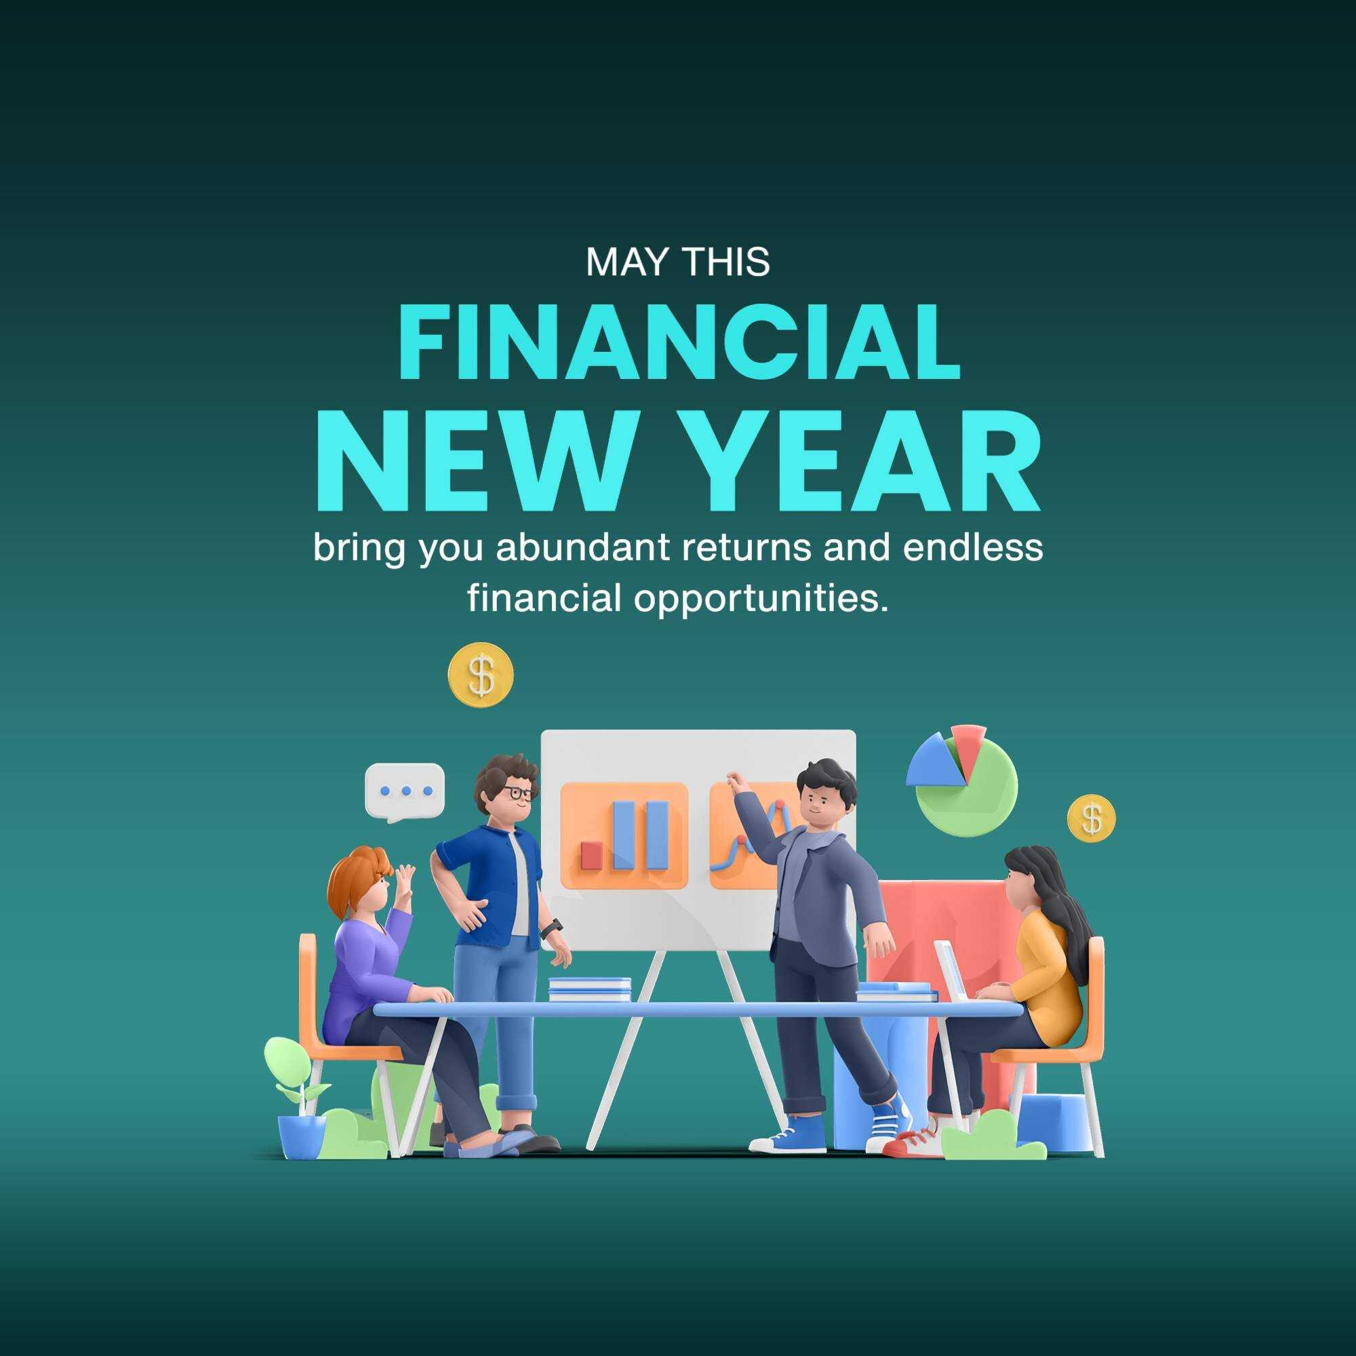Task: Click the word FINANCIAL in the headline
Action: [x=678, y=342]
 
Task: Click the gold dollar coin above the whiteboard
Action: [x=481, y=675]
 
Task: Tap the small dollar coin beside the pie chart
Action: [x=1092, y=818]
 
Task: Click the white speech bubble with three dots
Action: [x=405, y=792]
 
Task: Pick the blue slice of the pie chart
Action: [x=935, y=761]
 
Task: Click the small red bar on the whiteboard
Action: [x=592, y=856]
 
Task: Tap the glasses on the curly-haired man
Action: [x=516, y=794]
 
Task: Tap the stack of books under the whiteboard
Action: [x=590, y=990]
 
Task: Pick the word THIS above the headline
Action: [x=726, y=262]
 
